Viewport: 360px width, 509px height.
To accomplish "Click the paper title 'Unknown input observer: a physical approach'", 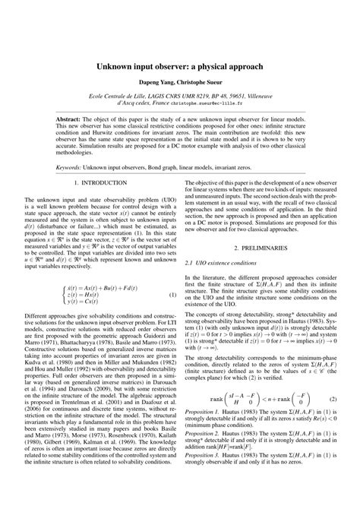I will [x=180, y=67].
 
